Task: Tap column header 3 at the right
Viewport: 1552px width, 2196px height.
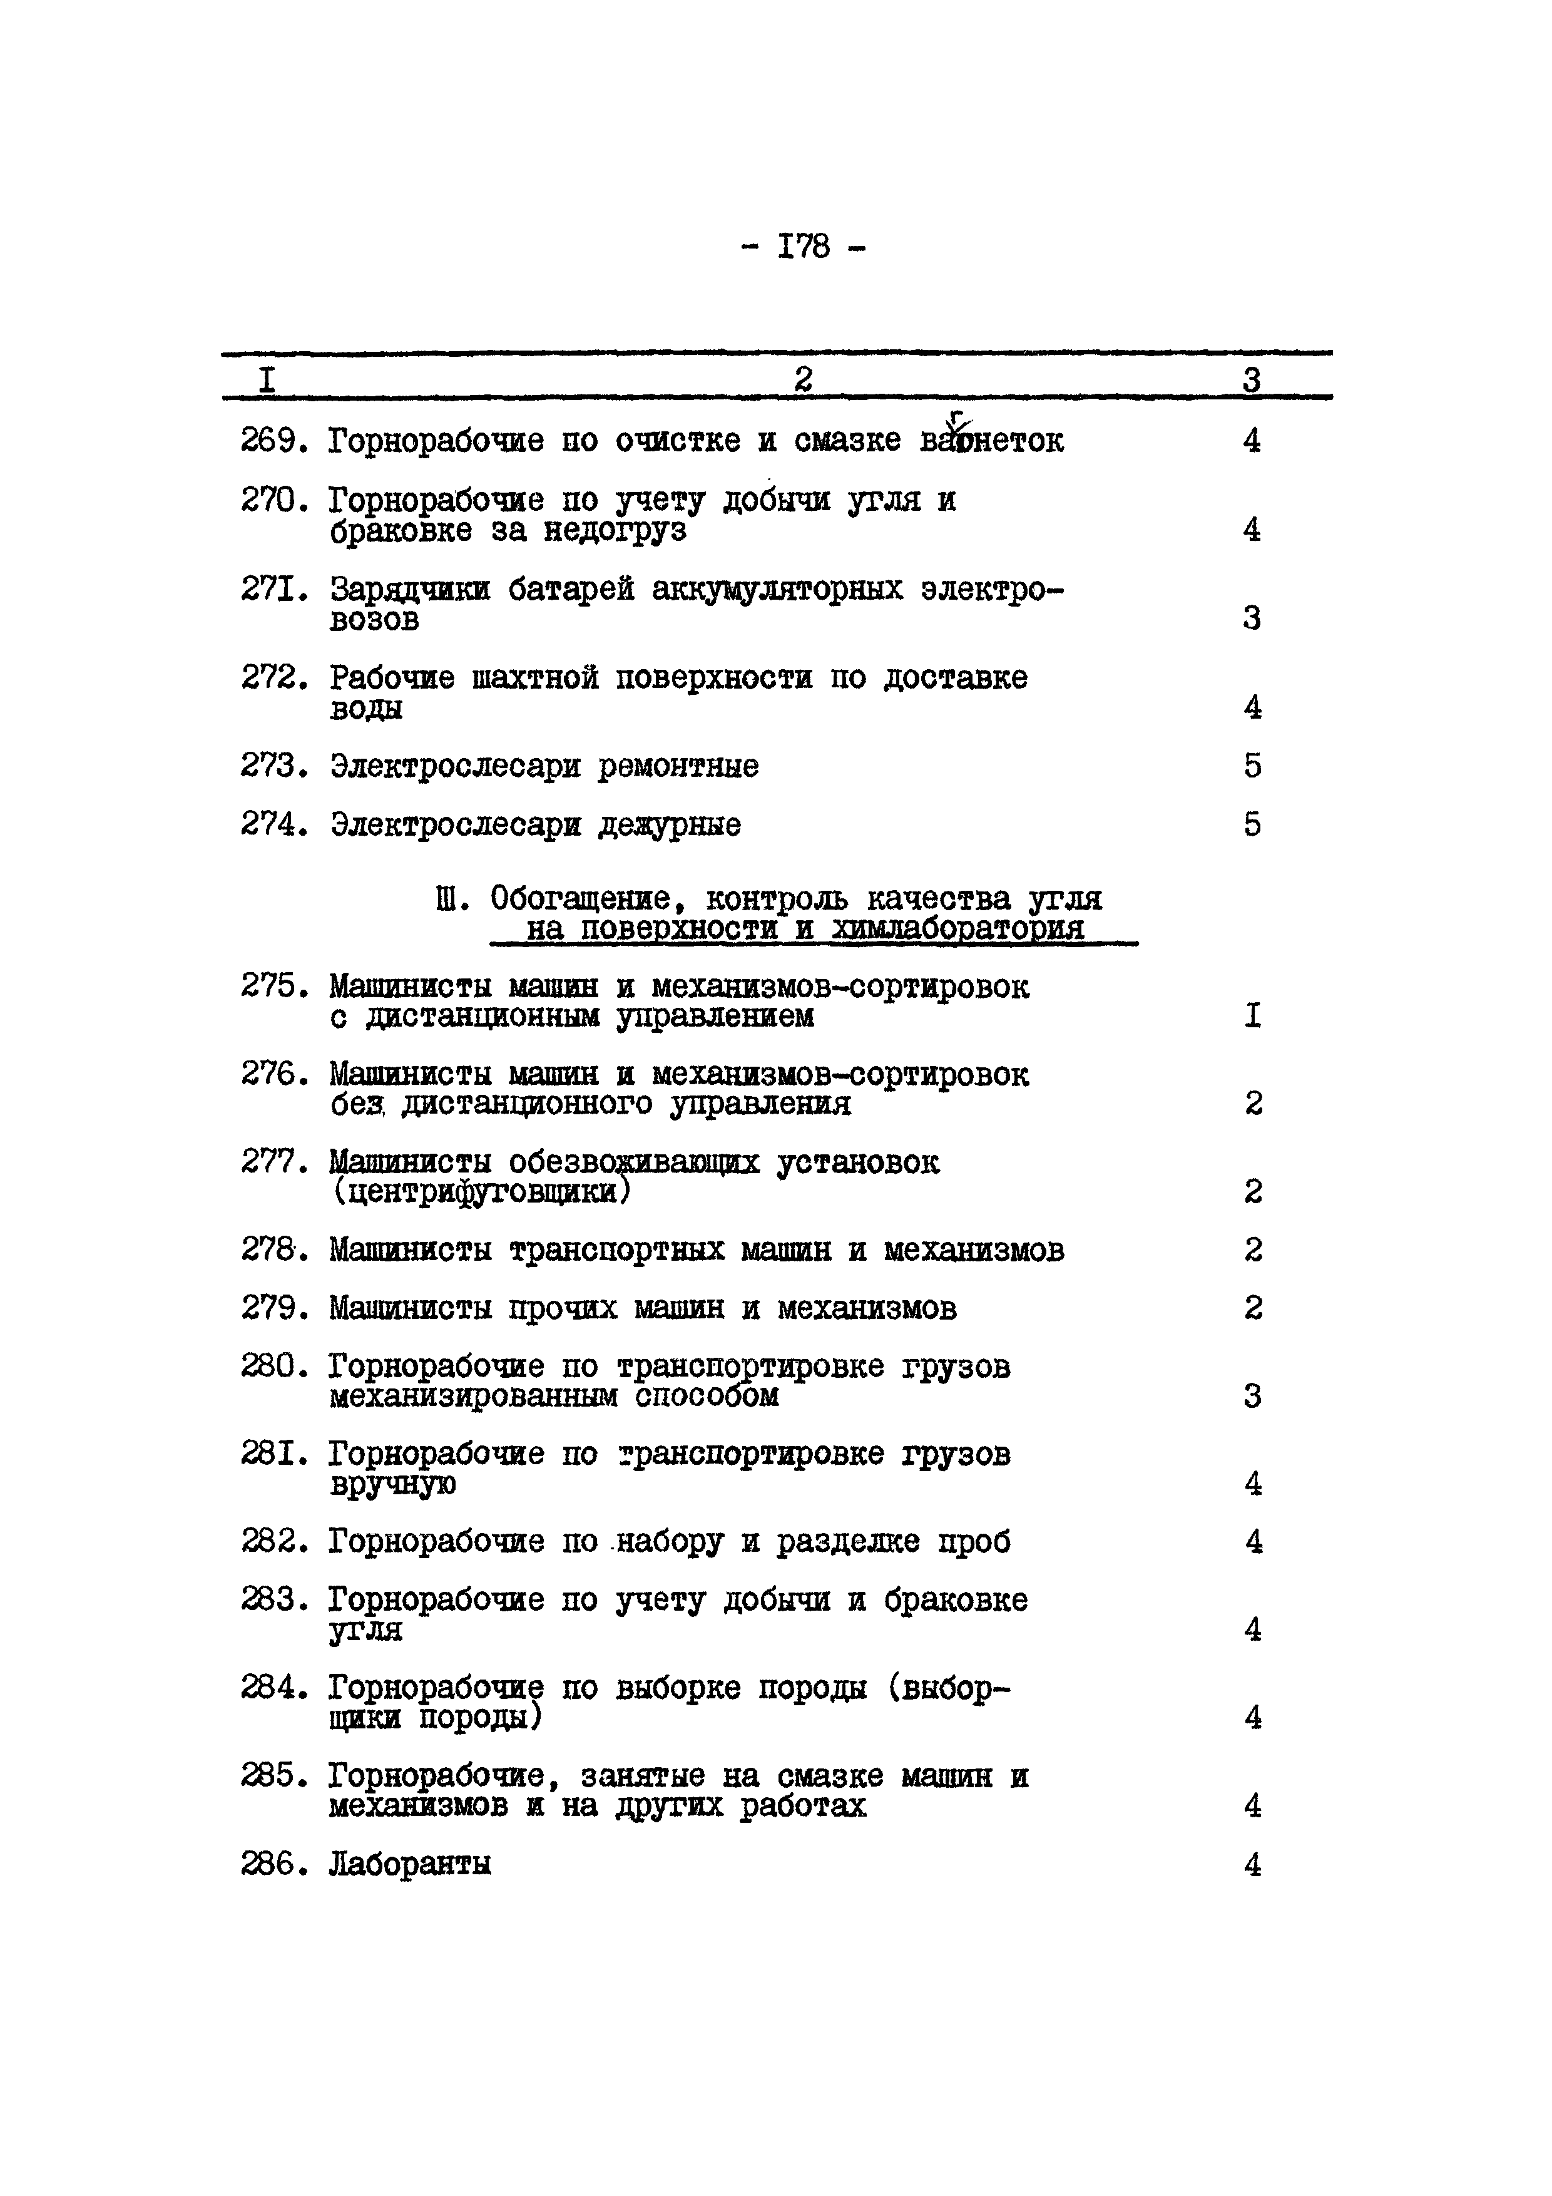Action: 1252,381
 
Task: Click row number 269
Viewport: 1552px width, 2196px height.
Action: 272,441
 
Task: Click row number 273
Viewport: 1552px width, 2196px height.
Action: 272,766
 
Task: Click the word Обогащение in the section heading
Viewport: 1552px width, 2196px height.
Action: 588,899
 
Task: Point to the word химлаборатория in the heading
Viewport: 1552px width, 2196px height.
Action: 959,929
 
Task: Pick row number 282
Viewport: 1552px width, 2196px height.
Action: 272,1542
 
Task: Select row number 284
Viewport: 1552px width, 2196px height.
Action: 272,1688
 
